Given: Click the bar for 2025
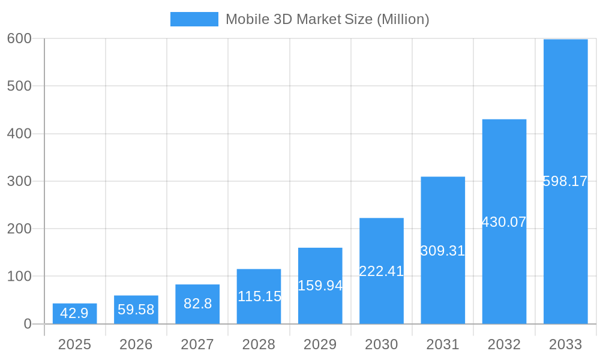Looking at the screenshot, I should tap(75, 314).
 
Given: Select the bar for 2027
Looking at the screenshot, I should tap(197, 304).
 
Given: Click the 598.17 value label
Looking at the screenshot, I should tap(565, 181).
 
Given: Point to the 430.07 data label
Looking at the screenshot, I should tap(504, 222).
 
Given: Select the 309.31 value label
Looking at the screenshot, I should tap(443, 251).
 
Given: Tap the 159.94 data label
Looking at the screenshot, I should tap(320, 286).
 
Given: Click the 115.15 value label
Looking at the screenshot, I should tap(259, 296).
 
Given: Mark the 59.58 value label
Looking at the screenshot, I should tap(136, 310).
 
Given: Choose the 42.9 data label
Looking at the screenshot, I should tap(74, 313).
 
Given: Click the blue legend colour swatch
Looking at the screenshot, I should tap(194, 19).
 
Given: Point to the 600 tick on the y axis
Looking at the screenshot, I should tap(19, 38).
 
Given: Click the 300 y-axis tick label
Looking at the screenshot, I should tap(19, 181).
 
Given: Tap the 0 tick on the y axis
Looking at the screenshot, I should tap(28, 324).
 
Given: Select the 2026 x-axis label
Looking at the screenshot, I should tap(136, 344).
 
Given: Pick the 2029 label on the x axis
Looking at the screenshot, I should tap(320, 344).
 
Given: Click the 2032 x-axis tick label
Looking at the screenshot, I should tap(504, 344).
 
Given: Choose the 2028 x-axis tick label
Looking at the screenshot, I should tap(259, 344).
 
